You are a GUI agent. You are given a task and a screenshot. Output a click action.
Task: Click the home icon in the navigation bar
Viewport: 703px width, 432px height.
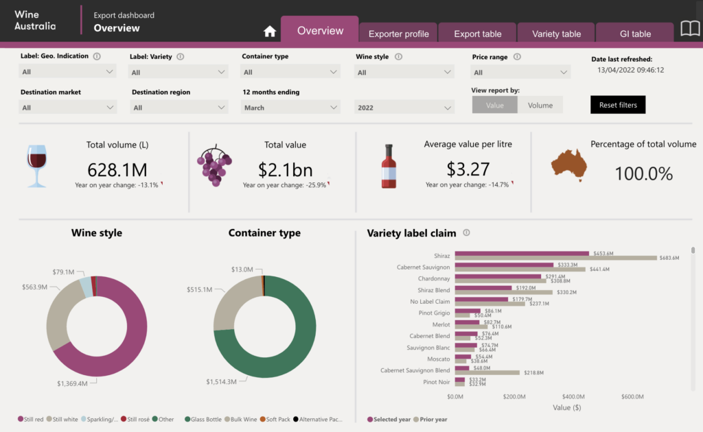(270, 32)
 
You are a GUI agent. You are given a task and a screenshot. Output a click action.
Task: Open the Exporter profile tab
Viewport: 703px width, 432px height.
(398, 34)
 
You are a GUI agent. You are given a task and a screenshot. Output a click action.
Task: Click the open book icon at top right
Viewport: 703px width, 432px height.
(689, 28)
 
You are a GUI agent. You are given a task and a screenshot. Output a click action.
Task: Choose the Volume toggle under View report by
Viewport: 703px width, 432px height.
(540, 105)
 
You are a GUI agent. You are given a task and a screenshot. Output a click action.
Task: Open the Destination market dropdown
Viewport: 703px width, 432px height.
(67, 108)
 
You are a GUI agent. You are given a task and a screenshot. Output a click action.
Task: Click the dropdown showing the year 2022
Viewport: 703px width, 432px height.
(404, 108)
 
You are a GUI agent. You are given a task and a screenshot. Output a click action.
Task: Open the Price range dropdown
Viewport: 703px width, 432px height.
(521, 73)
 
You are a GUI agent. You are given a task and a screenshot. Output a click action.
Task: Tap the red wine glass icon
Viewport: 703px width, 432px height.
(36, 165)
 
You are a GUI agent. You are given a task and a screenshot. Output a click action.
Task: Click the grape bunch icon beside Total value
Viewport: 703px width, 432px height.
(214, 165)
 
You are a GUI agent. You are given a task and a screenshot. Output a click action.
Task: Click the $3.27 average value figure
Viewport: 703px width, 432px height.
(468, 169)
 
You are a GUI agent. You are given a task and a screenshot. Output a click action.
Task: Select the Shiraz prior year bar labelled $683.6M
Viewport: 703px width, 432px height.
(555, 258)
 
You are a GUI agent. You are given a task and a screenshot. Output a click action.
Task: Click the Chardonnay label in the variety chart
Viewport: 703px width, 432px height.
(434, 279)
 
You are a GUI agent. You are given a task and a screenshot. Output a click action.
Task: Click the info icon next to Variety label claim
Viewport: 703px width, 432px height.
(466, 233)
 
